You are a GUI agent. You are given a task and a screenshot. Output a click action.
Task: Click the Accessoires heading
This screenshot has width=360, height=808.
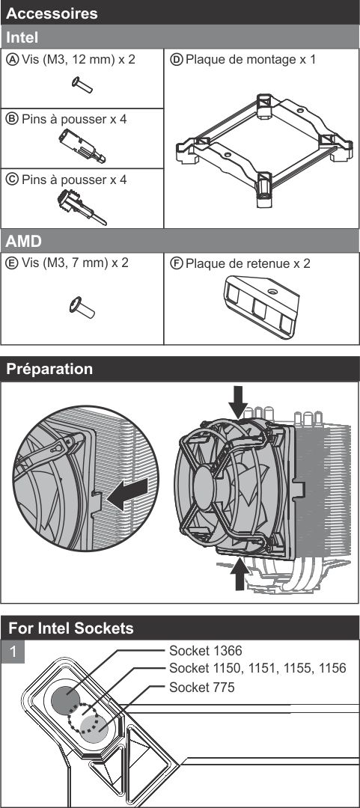coord(52,13)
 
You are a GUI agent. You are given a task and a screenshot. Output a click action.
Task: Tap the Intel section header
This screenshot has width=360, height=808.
coord(22,37)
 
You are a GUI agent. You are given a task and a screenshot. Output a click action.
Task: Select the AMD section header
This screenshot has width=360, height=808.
coord(24,241)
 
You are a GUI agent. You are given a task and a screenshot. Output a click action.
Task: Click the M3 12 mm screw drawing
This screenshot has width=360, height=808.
coord(82,85)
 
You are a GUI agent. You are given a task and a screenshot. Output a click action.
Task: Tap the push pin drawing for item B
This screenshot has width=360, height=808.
coord(82,146)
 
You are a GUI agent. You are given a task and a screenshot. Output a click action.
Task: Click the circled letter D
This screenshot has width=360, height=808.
coord(177,59)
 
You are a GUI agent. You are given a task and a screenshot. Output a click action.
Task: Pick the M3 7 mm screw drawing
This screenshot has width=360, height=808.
coord(82,307)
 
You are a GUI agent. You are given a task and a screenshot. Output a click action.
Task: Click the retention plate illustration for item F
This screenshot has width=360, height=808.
coord(261,307)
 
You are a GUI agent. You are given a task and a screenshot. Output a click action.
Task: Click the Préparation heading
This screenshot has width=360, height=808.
coord(49,369)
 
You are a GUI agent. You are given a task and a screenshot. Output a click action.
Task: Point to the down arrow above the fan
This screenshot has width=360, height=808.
coord(238,403)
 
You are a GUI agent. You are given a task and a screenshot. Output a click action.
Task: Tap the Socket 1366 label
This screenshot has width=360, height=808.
coord(206,651)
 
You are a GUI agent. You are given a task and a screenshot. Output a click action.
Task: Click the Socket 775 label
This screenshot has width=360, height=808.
coord(201,687)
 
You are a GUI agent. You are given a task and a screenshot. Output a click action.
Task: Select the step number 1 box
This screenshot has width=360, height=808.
coord(13,652)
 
